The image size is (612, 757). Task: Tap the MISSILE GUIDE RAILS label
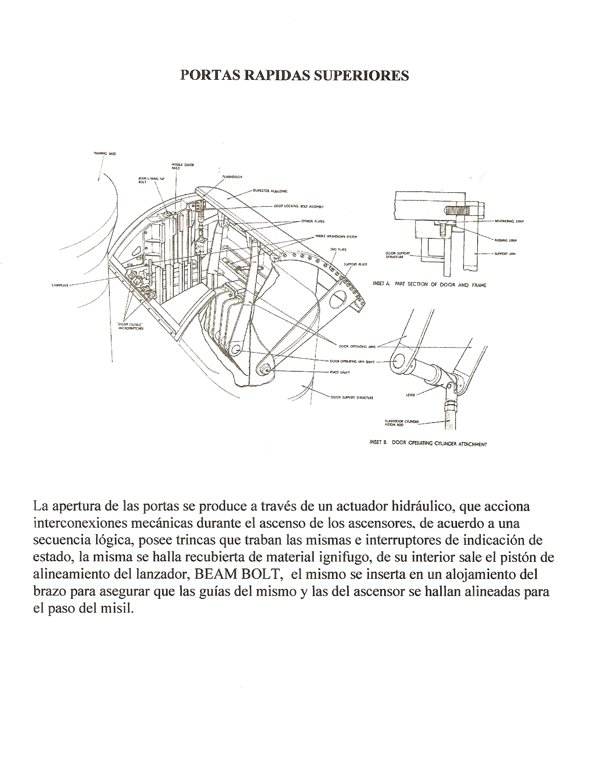(x=183, y=166)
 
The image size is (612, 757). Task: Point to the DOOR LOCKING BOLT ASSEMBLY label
(x=298, y=207)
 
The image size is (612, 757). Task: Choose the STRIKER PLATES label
(x=313, y=221)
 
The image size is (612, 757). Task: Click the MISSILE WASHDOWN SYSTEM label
(x=333, y=236)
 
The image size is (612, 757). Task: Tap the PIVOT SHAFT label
(x=340, y=372)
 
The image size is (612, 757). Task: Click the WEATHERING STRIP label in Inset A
(x=509, y=221)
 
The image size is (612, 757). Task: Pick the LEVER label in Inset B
(x=410, y=394)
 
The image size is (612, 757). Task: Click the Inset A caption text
(x=429, y=284)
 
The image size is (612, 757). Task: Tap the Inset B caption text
(x=428, y=444)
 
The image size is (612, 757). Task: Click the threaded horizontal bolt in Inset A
(x=463, y=209)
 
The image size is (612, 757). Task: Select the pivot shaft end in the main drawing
(x=265, y=368)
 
